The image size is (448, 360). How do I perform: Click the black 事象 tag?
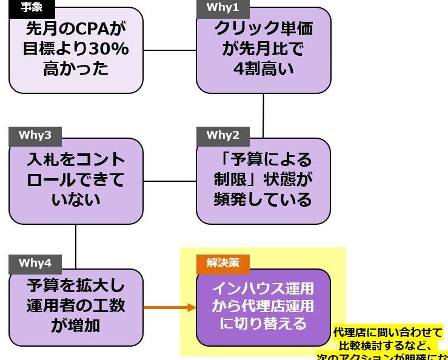tap(32, 8)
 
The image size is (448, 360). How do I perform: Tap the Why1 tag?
tap(222, 8)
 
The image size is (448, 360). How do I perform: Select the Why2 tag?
tap(222, 135)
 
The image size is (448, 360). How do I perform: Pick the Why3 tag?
tap(35, 135)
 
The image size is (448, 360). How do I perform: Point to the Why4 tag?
tap(35, 263)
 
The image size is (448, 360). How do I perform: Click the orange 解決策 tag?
tap(222, 263)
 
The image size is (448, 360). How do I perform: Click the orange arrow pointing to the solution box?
tap(170, 307)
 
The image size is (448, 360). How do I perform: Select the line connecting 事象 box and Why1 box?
tap(170, 50)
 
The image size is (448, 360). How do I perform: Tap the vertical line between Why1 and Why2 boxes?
tap(263, 116)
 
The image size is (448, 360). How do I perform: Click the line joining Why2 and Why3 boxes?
tap(170, 181)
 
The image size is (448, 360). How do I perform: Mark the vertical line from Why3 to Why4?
tap(76, 245)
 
